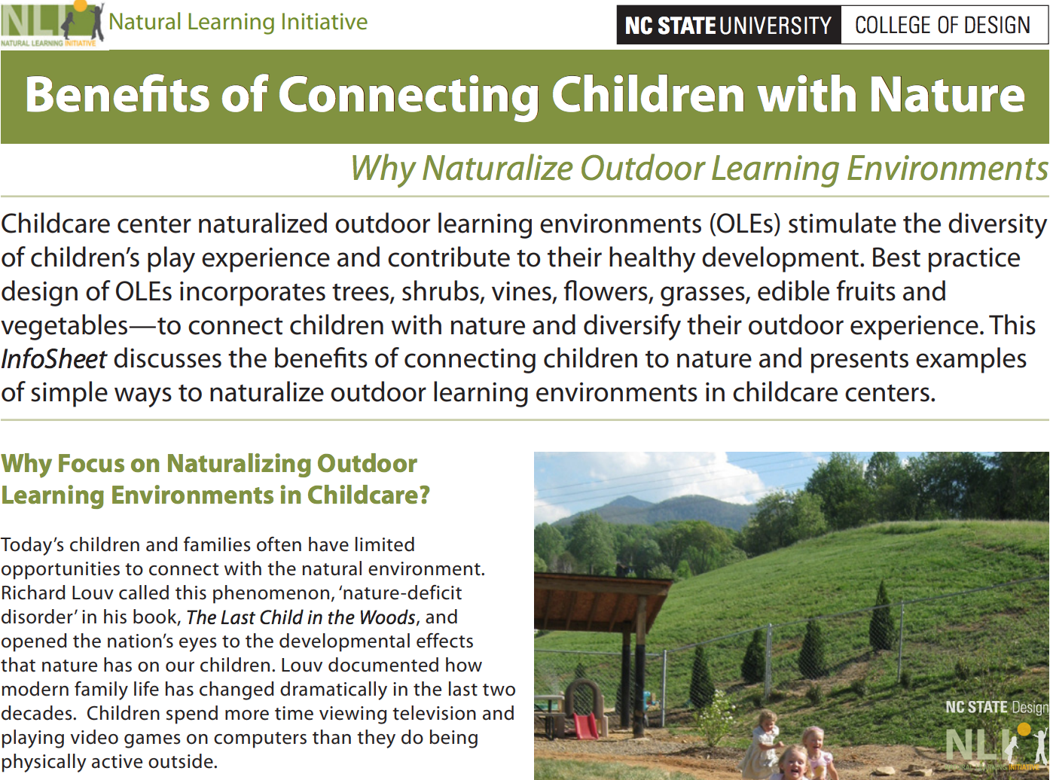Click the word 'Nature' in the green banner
tap(947, 95)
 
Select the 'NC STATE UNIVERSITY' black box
tap(728, 25)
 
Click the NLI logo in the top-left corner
tap(53, 23)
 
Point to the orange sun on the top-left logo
tap(81, 5)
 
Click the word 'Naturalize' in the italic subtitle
tap(497, 169)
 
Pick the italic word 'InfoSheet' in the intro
tap(53, 359)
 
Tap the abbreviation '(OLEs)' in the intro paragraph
tap(744, 224)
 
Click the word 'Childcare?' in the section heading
tap(368, 495)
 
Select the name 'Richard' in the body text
tap(34, 593)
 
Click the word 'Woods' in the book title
tap(387, 617)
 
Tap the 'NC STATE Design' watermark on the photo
tap(997, 707)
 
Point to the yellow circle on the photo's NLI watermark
tap(1024, 729)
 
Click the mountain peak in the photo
tap(627, 498)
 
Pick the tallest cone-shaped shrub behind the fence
tap(883, 615)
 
